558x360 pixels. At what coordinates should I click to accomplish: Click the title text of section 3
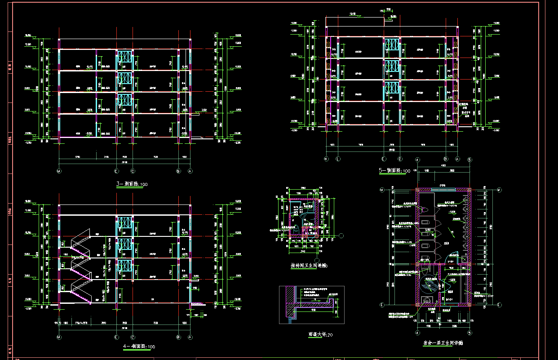132,184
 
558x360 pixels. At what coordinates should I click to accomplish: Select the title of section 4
139,347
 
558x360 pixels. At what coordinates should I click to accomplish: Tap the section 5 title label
394,171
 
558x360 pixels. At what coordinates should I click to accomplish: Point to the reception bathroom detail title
310,266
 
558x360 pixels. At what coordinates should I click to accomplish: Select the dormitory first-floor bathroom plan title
443,342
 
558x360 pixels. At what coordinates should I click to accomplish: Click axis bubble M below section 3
59,172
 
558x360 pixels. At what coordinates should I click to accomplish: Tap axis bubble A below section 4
190,337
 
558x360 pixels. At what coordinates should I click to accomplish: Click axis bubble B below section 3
178,172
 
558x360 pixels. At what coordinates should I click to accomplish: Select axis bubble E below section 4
116,337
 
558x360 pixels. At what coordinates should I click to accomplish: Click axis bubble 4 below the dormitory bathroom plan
417,333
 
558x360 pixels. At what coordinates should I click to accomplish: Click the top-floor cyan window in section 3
124,59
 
